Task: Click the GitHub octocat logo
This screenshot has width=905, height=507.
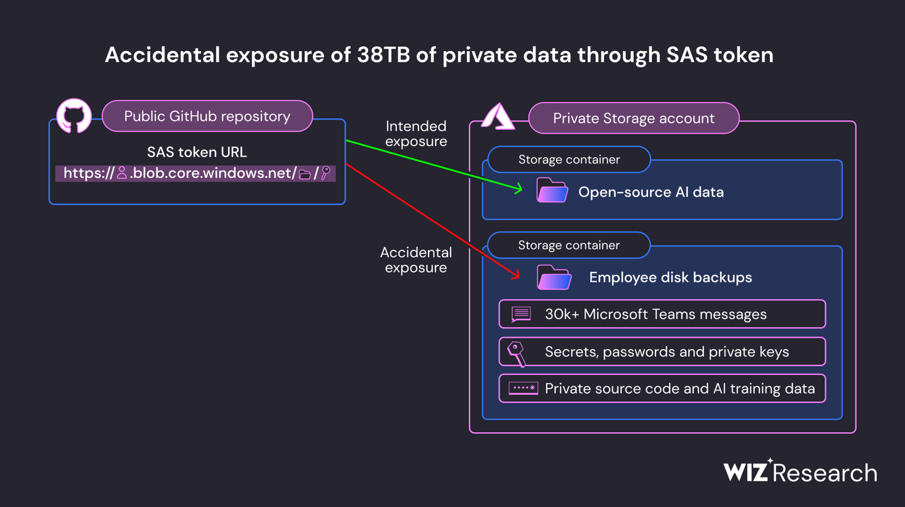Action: (74, 116)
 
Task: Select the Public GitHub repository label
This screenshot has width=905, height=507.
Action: (207, 116)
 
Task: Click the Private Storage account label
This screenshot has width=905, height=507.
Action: (633, 118)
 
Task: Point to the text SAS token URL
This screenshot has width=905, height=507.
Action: (197, 152)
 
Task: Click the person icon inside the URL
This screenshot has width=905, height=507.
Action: (122, 173)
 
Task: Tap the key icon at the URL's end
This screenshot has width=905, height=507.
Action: (326, 173)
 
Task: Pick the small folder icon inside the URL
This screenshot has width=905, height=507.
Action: (305, 174)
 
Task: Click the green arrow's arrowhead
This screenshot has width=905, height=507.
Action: (518, 189)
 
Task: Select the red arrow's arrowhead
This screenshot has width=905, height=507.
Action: (515, 276)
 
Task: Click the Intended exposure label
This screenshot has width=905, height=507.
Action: (416, 134)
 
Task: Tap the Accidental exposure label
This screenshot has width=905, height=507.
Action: (416, 260)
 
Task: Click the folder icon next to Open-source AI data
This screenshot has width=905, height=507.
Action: (552, 191)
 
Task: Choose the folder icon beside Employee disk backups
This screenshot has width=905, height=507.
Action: (554, 277)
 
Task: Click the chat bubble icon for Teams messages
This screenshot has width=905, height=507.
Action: (521, 314)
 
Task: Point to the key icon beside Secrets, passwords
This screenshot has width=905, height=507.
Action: (517, 353)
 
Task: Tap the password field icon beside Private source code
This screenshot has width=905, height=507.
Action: (523, 388)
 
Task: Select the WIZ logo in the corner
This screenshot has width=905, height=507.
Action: (746, 472)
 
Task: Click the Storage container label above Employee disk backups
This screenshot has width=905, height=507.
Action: (569, 245)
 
